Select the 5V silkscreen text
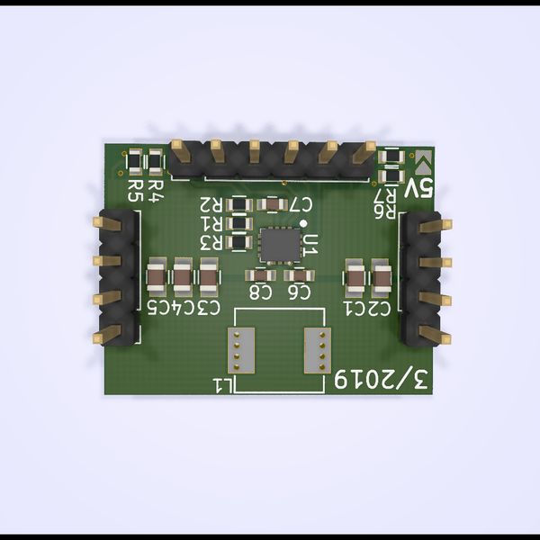tap(419, 189)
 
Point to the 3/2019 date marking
tap(383, 381)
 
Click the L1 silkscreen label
tap(224, 385)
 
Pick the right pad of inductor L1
tap(316, 350)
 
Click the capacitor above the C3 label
tap(210, 280)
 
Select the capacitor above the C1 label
tap(355, 280)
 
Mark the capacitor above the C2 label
tap(382, 280)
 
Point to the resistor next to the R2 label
tap(240, 204)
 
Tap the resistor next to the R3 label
tap(240, 241)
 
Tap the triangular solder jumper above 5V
tap(424, 163)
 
